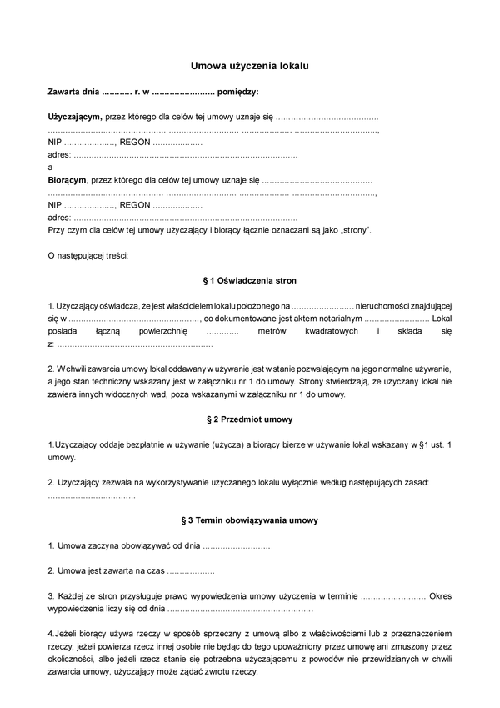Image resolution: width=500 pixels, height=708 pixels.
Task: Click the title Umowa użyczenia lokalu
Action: (250, 64)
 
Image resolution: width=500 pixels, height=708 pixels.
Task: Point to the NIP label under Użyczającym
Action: (55, 142)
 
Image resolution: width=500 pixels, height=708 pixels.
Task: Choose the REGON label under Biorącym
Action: (135, 204)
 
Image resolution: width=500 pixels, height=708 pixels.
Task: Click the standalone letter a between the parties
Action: (50, 167)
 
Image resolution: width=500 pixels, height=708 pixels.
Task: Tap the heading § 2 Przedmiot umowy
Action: (250, 419)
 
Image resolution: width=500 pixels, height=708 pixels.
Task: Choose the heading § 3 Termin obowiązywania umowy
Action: (250, 520)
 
